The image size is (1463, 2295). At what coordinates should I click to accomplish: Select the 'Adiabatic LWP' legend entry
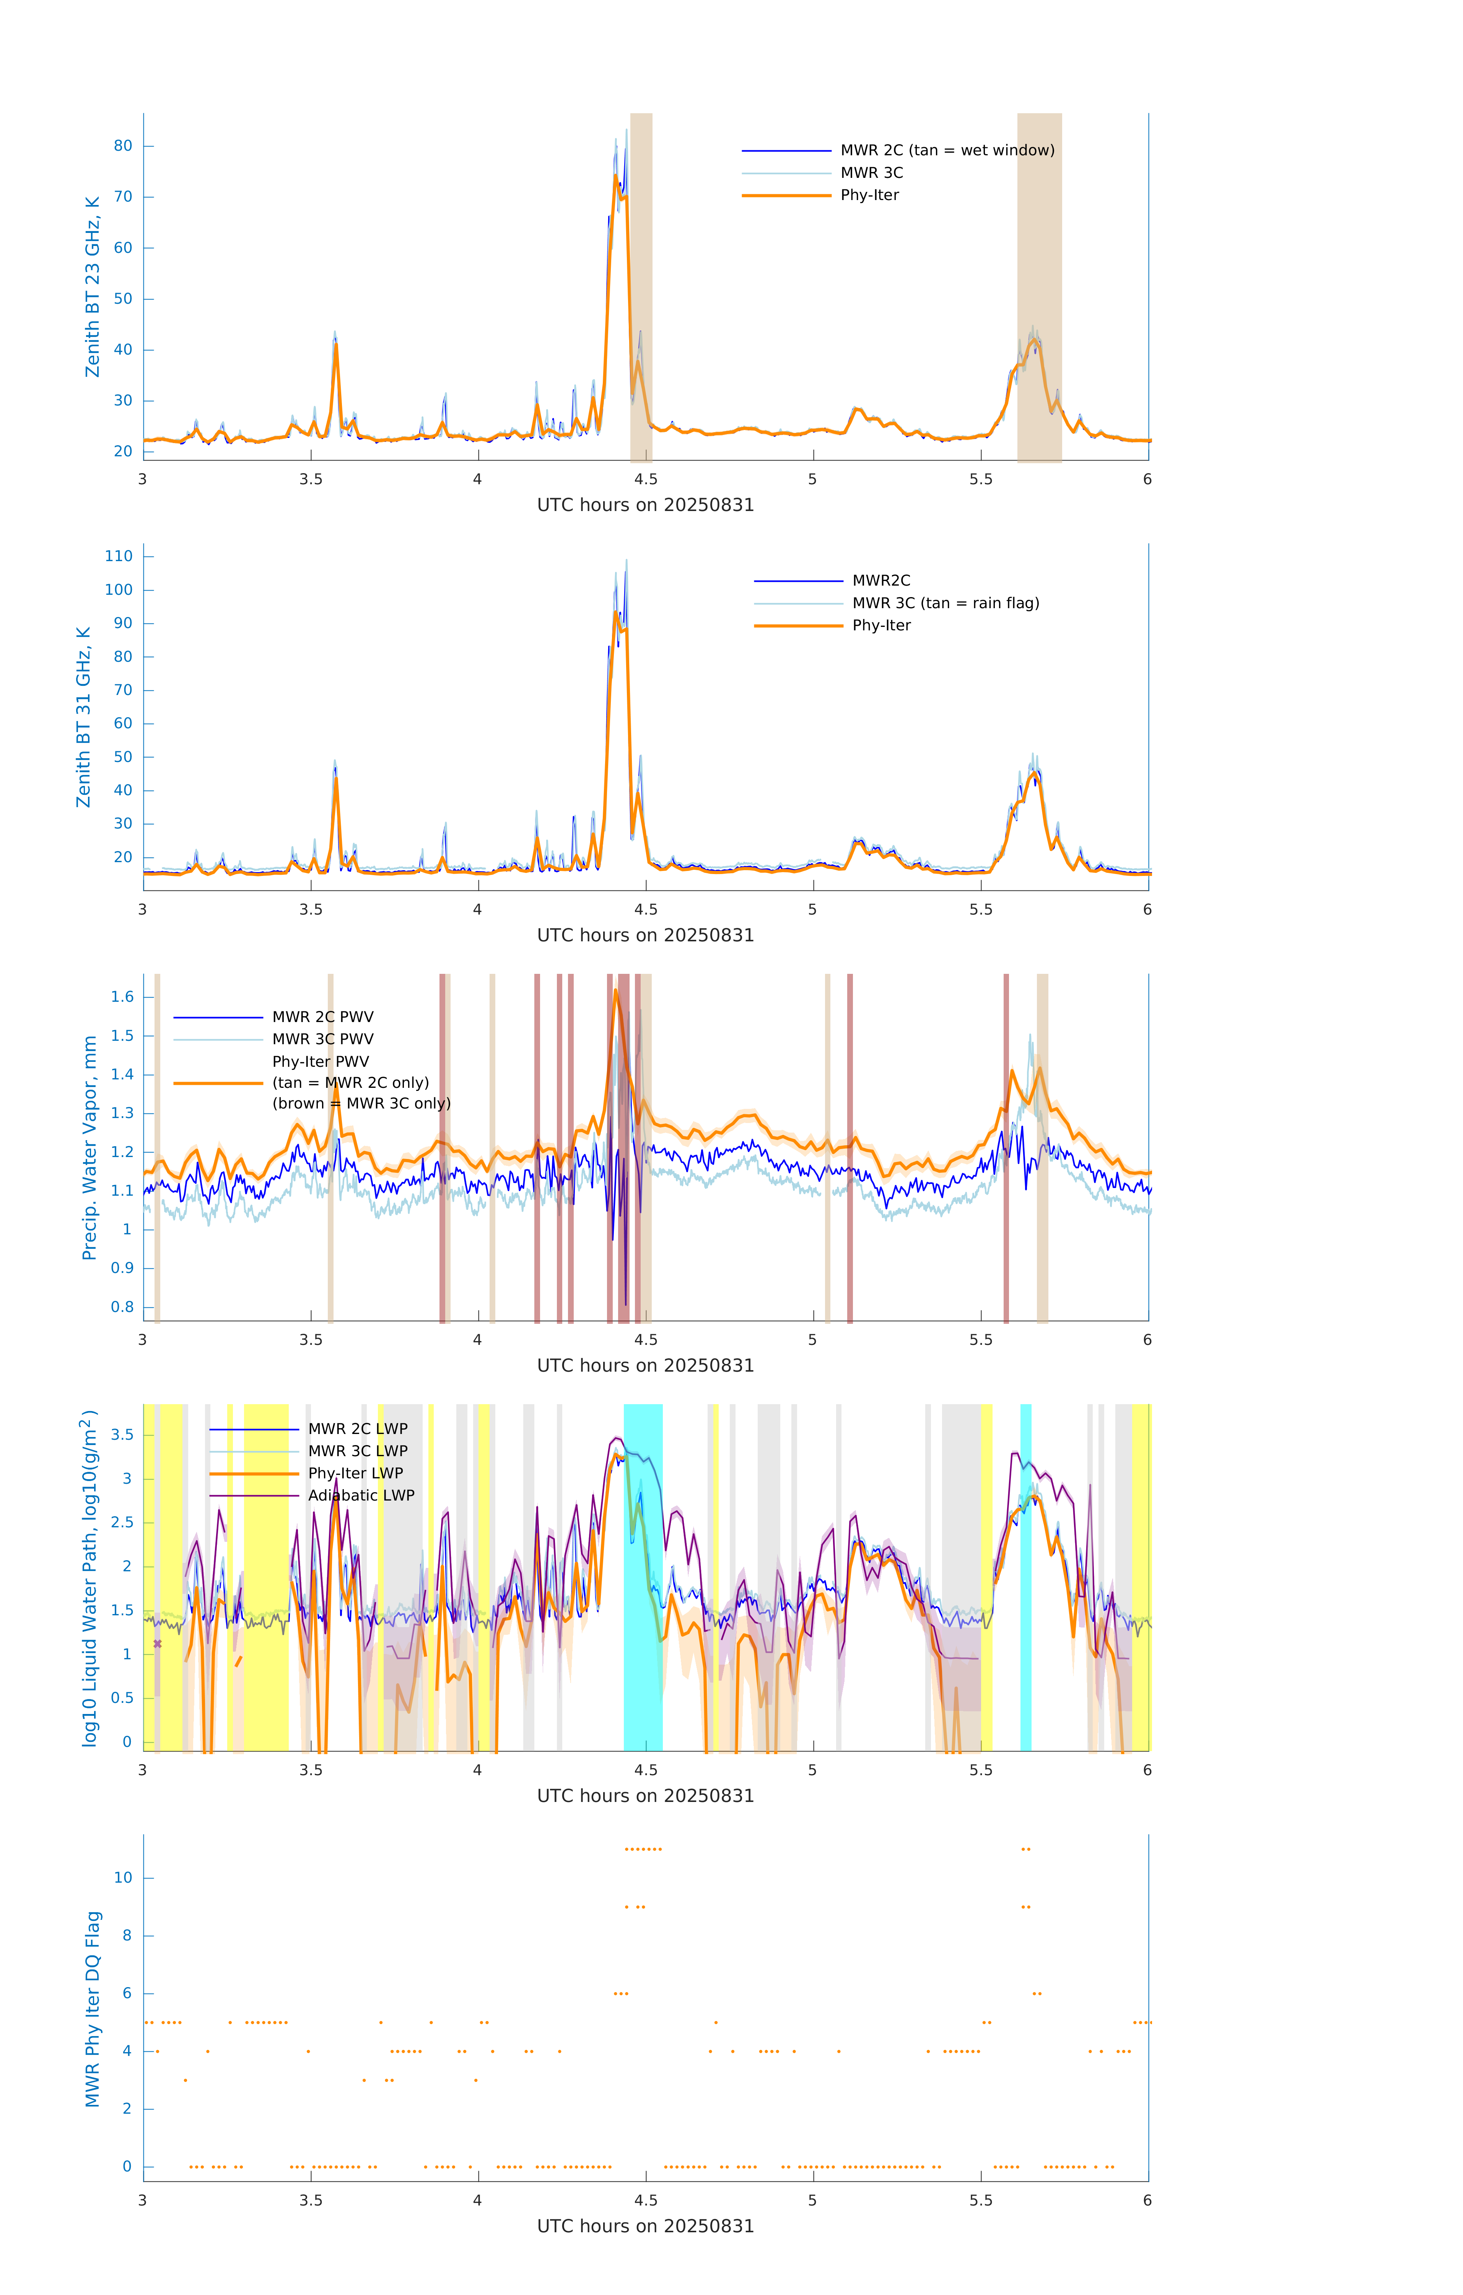360,1495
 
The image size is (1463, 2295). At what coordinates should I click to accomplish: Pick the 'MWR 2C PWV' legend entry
322,1017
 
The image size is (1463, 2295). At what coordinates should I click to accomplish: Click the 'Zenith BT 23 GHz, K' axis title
93,287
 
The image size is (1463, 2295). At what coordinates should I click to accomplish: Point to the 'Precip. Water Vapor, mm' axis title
90,1147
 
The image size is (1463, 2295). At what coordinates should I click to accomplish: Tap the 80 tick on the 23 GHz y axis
123,146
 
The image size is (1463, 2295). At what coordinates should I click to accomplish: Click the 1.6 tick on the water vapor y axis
123,997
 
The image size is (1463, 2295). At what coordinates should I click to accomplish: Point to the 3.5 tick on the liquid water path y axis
123,1434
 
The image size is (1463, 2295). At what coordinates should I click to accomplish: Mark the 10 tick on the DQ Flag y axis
123,1878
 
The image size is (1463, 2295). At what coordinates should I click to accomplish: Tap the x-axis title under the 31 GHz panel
645,935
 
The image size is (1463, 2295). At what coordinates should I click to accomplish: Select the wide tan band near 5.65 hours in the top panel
1039,286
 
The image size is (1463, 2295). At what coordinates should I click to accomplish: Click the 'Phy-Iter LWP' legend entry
355,1473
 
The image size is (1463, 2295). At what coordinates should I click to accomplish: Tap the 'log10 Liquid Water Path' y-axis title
90,1577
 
